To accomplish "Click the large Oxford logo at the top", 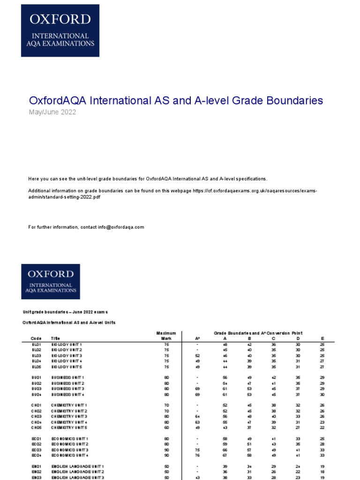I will coord(60,30).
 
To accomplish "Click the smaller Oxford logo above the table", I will coord(50,281).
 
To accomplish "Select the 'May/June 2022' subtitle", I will coord(52,112).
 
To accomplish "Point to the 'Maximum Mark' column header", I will coord(166,336).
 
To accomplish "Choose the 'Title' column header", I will coord(56,338).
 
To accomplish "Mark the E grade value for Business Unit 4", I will coord(322,394).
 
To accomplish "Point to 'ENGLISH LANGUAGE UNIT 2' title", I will coord(78,471).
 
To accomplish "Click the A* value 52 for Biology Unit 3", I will coord(197,356).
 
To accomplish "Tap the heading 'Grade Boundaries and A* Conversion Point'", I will coord(258,333).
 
